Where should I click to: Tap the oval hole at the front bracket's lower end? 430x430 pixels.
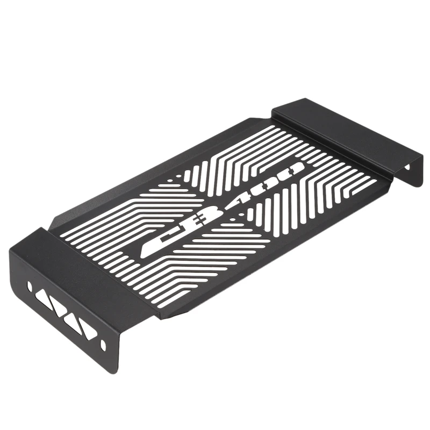(103, 345)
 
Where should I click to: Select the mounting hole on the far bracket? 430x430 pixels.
(408, 167)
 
